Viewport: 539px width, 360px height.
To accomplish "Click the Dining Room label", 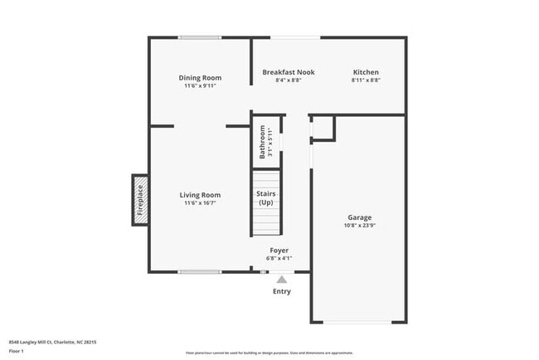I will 200,78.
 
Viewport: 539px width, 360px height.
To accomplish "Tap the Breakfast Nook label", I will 287,73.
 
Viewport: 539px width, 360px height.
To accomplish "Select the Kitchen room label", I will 366,73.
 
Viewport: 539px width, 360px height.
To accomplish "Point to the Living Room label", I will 200,195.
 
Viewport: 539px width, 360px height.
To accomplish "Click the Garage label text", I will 358,218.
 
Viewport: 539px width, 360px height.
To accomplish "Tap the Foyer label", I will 279,250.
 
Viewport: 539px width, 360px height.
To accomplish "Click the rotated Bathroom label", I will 263,142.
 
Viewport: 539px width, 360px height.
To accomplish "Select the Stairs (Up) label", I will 265,198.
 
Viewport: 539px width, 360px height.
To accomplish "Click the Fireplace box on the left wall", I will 140,200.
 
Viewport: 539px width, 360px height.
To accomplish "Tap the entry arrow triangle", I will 282,280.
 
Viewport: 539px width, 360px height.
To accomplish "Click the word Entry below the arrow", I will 282,291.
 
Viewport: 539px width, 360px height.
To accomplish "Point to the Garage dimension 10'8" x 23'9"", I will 358,226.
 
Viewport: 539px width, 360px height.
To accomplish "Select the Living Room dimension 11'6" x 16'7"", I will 200,203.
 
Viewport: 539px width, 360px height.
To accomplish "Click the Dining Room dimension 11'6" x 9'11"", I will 200,85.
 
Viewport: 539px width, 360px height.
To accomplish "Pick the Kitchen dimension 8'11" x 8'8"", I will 366,80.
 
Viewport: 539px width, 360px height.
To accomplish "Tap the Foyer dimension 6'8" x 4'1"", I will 279,258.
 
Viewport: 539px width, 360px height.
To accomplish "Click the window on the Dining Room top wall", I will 200,37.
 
